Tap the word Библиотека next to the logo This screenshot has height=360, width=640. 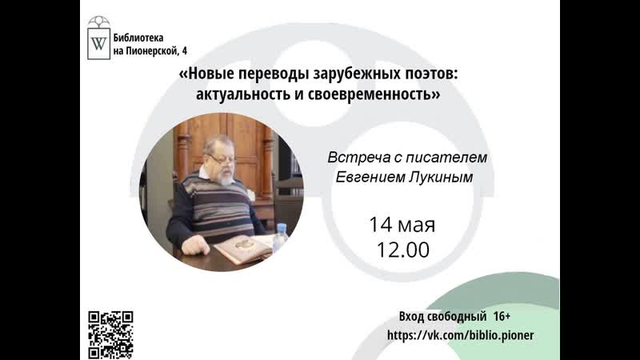[142, 38]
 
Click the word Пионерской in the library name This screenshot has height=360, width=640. [155, 51]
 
